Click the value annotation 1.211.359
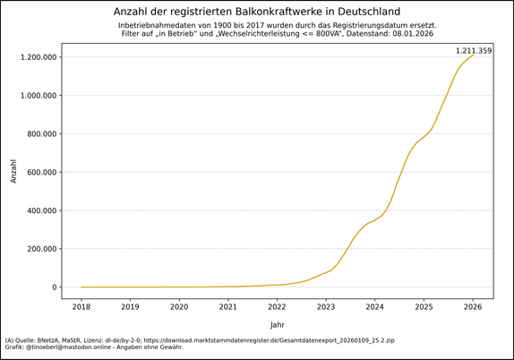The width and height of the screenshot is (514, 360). (474, 51)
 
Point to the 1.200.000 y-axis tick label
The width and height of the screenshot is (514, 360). (39, 57)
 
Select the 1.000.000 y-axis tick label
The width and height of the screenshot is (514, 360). (39, 96)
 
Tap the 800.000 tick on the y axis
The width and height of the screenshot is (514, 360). (43, 134)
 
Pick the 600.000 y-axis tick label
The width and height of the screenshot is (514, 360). (43, 173)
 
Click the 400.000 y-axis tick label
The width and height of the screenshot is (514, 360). (43, 211)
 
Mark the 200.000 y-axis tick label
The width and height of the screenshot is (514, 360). (43, 249)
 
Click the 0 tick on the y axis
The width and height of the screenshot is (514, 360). (55, 287)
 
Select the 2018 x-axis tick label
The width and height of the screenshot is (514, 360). (81, 306)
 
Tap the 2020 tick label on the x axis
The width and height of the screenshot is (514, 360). (179, 306)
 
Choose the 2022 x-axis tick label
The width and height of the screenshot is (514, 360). (277, 306)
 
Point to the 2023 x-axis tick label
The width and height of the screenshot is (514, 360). (326, 306)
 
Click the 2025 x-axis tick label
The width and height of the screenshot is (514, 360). (424, 306)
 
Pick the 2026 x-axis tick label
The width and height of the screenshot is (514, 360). (473, 306)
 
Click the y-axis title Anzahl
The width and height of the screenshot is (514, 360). (13, 172)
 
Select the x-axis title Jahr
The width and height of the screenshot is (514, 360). (278, 324)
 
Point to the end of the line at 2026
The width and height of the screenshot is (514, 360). (473, 56)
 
